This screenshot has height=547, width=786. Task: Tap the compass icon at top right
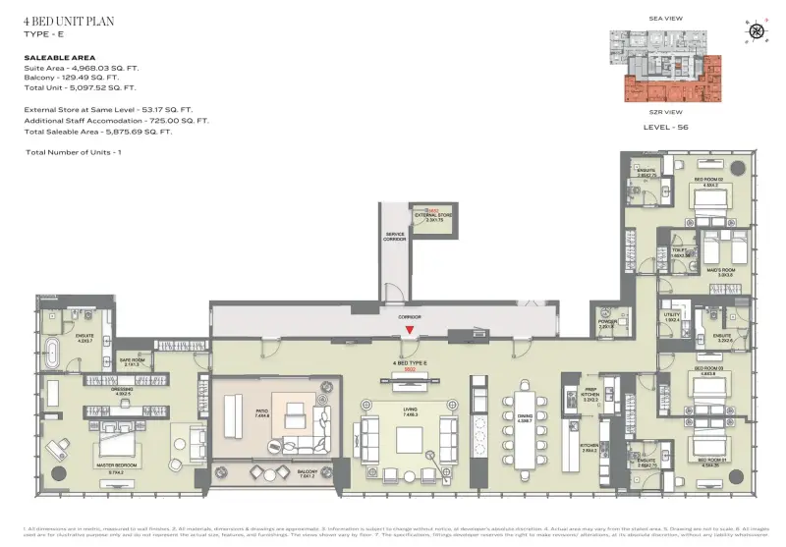(756, 30)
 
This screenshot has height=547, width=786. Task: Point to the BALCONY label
(309, 471)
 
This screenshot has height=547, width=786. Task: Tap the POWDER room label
(606, 323)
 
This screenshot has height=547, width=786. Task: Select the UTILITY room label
(672, 316)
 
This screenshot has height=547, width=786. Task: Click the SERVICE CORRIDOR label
(395, 237)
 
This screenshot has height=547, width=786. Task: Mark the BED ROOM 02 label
(709, 180)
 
